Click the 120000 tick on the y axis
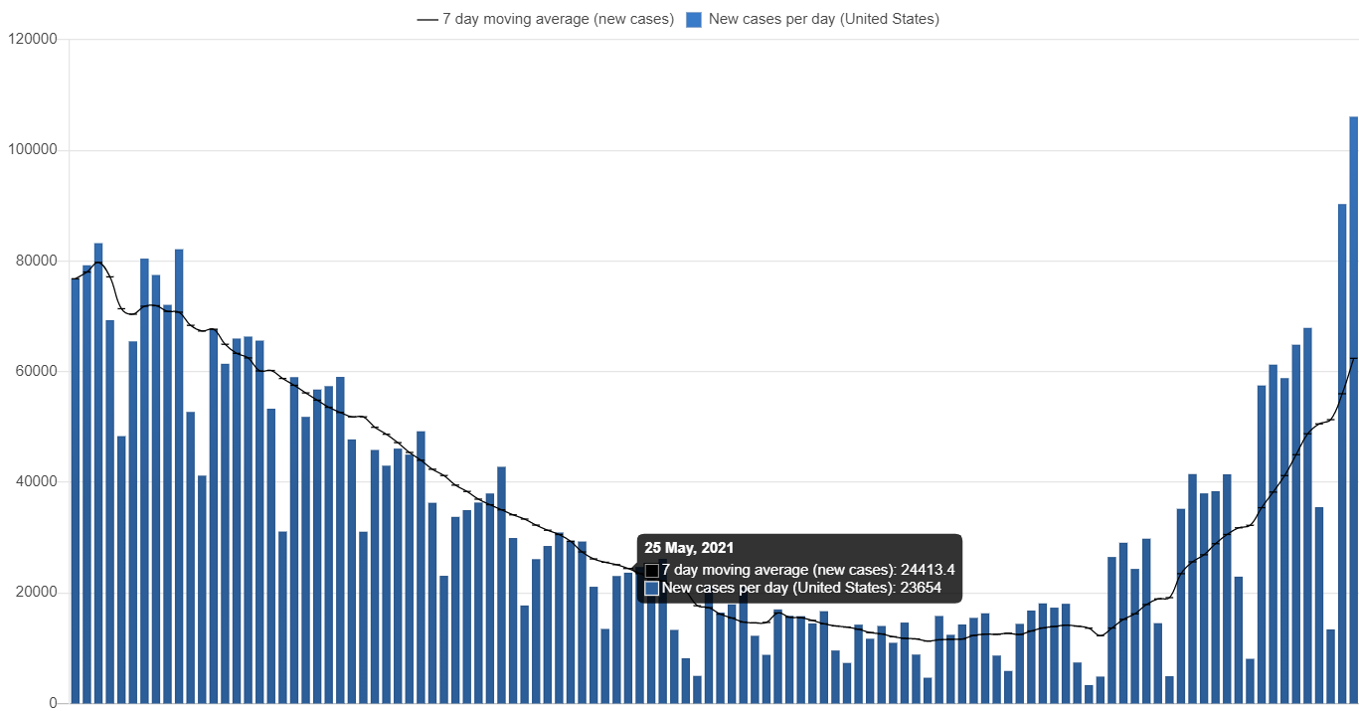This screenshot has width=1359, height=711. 32,39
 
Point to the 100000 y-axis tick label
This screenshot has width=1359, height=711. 32,149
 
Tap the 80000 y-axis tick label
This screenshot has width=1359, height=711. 36,261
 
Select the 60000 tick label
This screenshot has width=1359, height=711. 36,371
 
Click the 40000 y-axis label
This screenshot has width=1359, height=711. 36,481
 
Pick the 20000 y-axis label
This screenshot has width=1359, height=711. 36,592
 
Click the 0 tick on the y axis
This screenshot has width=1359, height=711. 53,702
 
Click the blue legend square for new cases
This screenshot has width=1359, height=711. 695,19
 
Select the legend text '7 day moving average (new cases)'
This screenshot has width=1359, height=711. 558,19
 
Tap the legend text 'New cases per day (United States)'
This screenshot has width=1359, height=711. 823,19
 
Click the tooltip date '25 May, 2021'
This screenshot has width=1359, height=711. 689,548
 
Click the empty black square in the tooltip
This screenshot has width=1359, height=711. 652,571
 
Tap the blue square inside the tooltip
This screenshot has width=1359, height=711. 652,589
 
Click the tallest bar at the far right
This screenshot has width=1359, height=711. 1353,408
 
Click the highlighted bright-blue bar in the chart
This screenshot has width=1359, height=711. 865,670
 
